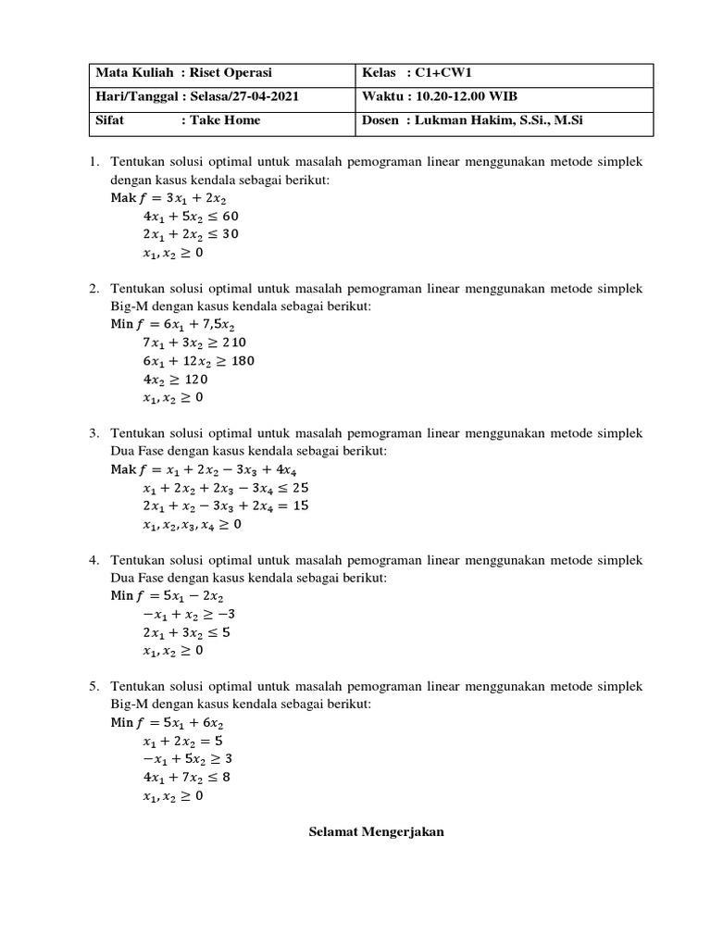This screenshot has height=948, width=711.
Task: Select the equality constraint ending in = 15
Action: click(x=226, y=505)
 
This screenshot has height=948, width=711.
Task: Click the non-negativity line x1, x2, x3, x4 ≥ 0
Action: click(x=192, y=524)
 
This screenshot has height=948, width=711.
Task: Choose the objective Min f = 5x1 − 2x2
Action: click(x=168, y=596)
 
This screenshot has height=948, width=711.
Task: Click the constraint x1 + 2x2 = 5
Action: click(x=182, y=742)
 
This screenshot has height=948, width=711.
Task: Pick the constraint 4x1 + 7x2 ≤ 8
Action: click(x=186, y=778)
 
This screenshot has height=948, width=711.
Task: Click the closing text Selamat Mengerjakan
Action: click(x=376, y=832)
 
